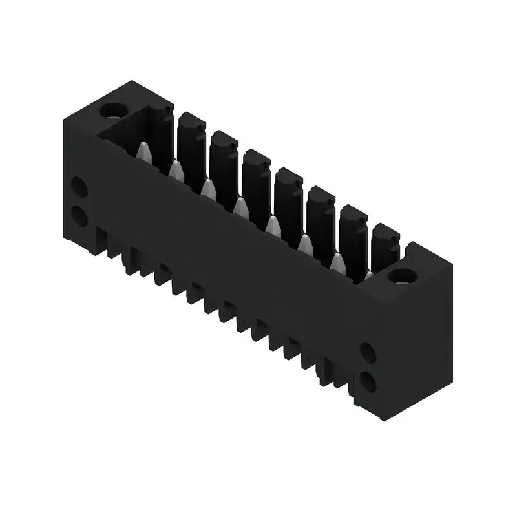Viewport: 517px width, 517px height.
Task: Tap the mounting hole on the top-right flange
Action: point(402,276)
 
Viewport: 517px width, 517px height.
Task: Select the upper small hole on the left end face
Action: point(79,188)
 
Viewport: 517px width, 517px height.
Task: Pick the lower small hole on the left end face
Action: point(79,215)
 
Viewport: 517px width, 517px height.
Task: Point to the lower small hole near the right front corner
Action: point(367,382)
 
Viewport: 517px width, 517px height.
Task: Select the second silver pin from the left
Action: point(176,170)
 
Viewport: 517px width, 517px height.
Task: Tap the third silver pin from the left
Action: point(208,188)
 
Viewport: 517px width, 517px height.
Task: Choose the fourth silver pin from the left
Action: point(240,207)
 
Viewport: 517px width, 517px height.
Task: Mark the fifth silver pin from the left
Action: point(273,226)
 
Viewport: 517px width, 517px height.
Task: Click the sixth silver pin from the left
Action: point(304,244)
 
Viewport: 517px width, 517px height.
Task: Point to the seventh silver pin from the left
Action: point(337,262)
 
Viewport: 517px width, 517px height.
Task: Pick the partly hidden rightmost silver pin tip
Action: point(369,276)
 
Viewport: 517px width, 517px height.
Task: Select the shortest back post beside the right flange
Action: point(386,246)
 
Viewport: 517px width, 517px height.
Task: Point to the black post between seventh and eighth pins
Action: point(386,246)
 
